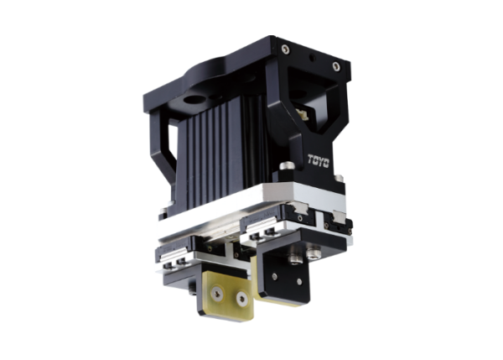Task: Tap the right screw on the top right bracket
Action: pos(336,65)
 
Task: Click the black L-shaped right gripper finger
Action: pos(285,269)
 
